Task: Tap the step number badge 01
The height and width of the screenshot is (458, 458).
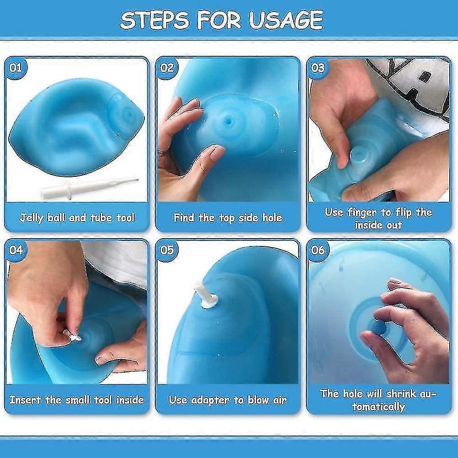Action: pyautogui.click(x=16, y=68)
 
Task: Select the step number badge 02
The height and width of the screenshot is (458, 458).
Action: pyautogui.click(x=167, y=68)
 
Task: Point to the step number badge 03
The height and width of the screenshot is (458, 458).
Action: pyautogui.click(x=318, y=68)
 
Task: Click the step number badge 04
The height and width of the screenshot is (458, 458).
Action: pyautogui.click(x=16, y=251)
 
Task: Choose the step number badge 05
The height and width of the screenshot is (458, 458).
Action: pyautogui.click(x=167, y=251)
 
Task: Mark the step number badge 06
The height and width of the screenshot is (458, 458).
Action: pyautogui.click(x=318, y=251)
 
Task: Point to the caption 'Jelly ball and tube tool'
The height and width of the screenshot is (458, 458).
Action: pyautogui.click(x=77, y=217)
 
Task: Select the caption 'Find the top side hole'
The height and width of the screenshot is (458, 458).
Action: pyautogui.click(x=228, y=217)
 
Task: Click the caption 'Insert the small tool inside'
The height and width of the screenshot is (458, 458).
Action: pyautogui.click(x=77, y=399)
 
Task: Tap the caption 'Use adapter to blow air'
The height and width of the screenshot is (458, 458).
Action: pyautogui.click(x=228, y=399)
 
